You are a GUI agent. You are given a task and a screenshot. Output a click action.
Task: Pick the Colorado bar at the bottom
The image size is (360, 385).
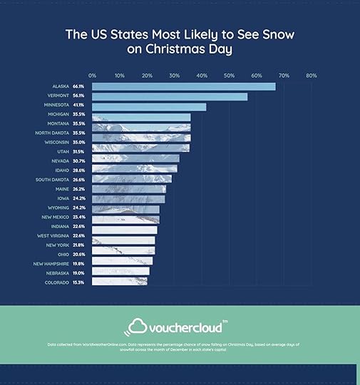[120, 282]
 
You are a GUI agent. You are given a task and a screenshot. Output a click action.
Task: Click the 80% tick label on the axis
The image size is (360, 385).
[311, 75]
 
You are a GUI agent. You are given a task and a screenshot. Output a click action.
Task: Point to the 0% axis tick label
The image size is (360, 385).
[93, 75]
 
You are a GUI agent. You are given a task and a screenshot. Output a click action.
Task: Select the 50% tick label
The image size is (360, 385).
[229, 75]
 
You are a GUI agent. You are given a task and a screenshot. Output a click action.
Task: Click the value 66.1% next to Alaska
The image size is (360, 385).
[78, 86]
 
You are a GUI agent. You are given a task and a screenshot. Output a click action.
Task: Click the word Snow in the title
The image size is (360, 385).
[274, 34]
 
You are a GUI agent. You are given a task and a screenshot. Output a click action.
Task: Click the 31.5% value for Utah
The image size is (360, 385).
[78, 152]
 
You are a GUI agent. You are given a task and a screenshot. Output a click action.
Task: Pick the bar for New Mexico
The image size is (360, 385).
[125, 217]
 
